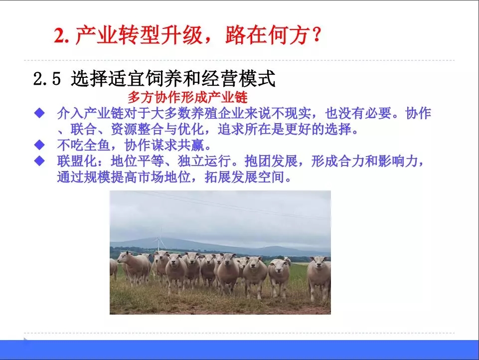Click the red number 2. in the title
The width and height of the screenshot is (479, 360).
pyautogui.click(x=62, y=35)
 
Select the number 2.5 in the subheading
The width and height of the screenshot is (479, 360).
pyautogui.click(x=47, y=79)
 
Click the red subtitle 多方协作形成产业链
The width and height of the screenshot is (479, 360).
pyautogui.click(x=187, y=98)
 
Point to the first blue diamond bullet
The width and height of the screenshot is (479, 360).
pyautogui.click(x=39, y=113)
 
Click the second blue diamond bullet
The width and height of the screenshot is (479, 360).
pyautogui.click(x=39, y=145)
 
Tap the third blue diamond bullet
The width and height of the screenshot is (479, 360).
pyautogui.click(x=39, y=161)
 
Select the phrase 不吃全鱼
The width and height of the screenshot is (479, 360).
pyautogui.click(x=83, y=145)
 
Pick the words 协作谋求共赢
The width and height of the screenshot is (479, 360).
pyautogui.click(x=164, y=145)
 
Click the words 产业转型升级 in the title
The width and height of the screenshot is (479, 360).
pyautogui.click(x=139, y=35)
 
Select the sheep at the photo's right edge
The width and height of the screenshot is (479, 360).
pyautogui.click(x=319, y=277)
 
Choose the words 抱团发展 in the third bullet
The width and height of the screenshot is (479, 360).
pyautogui.click(x=271, y=161)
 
